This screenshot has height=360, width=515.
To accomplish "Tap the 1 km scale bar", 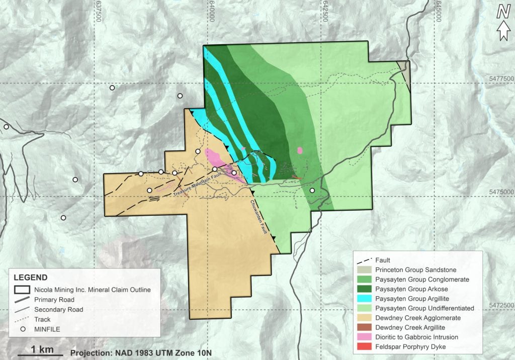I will [41, 355].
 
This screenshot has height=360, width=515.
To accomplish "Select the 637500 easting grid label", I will [98, 11].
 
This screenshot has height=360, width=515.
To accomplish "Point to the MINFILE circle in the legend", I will [22, 329].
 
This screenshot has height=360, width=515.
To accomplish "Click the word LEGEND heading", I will [30, 277].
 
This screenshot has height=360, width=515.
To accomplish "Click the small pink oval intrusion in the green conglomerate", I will [300, 150].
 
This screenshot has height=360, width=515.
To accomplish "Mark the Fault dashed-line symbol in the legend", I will [364, 260].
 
